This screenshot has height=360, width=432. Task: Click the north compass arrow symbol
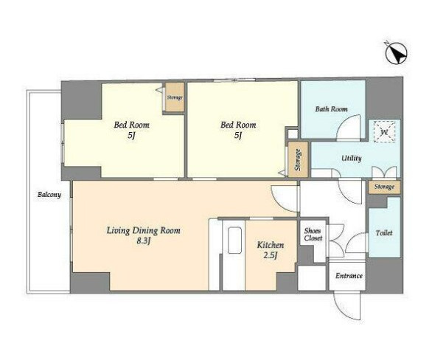click(x=396, y=53)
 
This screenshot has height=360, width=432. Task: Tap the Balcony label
click(x=49, y=195)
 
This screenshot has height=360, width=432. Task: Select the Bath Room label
click(x=332, y=109)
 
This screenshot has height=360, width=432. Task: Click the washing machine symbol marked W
click(x=384, y=132)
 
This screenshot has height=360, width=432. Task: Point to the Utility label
click(x=351, y=159)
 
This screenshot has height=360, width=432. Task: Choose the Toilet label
click(x=384, y=233)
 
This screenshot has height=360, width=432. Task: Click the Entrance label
click(x=349, y=276)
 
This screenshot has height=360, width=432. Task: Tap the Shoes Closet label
click(x=313, y=235)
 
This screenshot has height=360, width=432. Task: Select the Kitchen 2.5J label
click(x=271, y=250)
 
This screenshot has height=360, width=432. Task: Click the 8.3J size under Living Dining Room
click(x=144, y=241)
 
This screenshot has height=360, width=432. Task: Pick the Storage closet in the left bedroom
click(x=175, y=97)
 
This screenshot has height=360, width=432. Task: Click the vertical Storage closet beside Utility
click(x=298, y=159)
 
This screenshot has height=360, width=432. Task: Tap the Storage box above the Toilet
click(x=384, y=187)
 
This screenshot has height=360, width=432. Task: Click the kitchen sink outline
click(x=234, y=240)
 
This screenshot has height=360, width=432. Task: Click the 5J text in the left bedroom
click(x=131, y=135)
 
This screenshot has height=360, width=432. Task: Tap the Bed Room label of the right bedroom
click(x=238, y=125)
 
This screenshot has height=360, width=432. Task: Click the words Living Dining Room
click(x=144, y=230)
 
